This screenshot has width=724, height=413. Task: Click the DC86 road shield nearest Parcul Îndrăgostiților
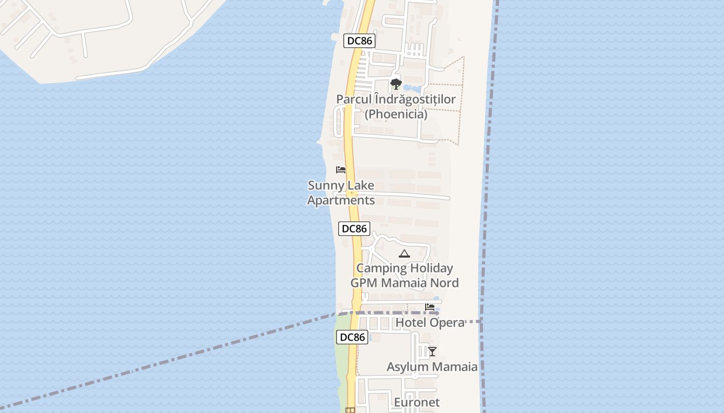[359, 41]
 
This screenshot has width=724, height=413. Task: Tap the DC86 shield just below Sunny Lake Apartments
[354, 228]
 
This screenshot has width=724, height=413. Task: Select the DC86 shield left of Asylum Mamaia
[352, 337]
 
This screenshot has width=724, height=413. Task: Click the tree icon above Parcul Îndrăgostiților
[396, 84]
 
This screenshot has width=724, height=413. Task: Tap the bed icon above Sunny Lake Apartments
[341, 169]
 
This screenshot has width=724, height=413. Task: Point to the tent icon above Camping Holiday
[404, 253]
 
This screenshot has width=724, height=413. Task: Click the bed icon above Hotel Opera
[430, 307]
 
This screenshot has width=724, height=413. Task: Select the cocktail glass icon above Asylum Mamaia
[432, 352]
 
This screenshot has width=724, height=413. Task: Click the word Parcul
[354, 99]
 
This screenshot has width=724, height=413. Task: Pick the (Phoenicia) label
[396, 114]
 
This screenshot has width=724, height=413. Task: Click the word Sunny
[326, 185]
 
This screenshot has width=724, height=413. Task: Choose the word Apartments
[341, 200]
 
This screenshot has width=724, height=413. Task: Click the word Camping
[380, 268]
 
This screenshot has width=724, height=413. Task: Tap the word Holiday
[429, 268]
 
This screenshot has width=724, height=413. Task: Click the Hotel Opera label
[430, 323]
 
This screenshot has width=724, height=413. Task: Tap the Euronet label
[417, 402]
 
